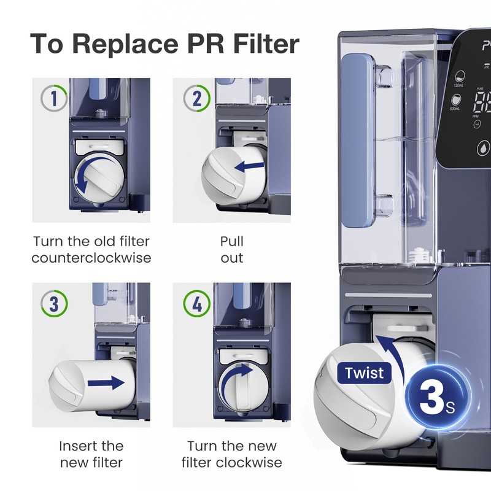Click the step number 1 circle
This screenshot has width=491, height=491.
click(52, 98)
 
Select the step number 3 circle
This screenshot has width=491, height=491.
click(52, 303)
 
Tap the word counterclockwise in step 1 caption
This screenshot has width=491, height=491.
click(91, 257)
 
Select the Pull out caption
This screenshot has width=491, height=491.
click(232, 249)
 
